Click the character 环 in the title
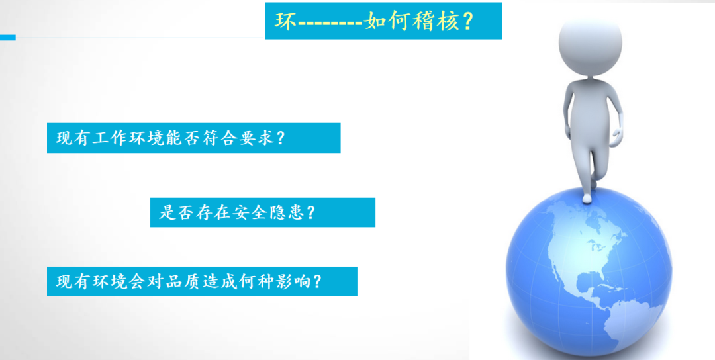(285, 21)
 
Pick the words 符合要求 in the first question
(236, 138)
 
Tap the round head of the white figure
(590, 44)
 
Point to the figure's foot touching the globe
(587, 198)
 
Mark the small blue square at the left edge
(8, 37)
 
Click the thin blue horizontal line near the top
(140, 38)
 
